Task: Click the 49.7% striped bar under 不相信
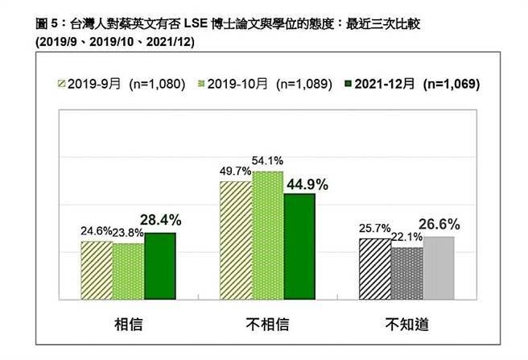236,240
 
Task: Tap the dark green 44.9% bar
299,246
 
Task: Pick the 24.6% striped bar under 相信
97,269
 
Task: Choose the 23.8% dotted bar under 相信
128,270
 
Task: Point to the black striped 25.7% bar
375,268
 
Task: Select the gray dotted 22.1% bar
406,272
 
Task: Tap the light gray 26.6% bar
439,267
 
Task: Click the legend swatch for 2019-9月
60,84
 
